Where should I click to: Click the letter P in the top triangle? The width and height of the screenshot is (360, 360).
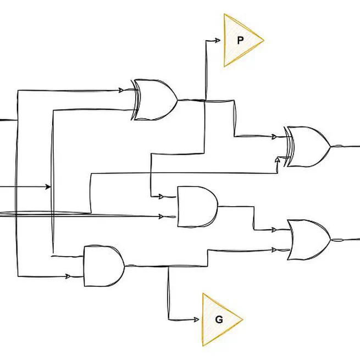coord(240,40)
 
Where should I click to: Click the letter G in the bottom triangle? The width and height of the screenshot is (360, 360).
coord(219,319)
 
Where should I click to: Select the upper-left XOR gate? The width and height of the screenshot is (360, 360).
coord(156,100)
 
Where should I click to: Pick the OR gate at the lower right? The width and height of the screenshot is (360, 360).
coord(308,240)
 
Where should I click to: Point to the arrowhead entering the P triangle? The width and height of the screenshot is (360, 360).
coord(218,40)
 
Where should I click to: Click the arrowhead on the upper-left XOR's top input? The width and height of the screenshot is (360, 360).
coord(122,90)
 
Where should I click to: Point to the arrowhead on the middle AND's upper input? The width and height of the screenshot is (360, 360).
coord(160,196)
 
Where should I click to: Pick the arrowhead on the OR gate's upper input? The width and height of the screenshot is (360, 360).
coord(273,230)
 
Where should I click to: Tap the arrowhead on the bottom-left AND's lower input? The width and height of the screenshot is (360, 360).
coord(69,276)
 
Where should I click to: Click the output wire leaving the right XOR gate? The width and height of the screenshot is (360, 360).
coord(345,147)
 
